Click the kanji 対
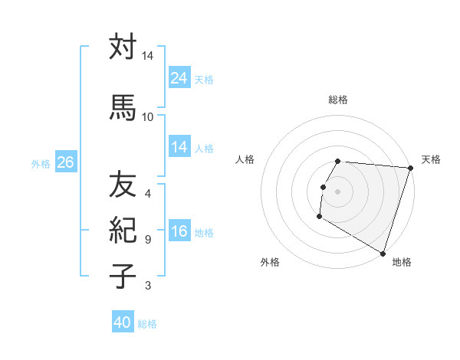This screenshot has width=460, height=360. click(123, 47)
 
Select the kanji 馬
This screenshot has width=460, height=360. click(123, 106)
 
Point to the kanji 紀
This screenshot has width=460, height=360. click(123, 230)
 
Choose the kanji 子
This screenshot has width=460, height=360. click(123, 275)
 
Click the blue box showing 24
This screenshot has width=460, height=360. click(179, 78)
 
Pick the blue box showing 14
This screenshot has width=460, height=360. click(179, 148)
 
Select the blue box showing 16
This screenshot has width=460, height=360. click(179, 232)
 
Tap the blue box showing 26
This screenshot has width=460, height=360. click(65, 162)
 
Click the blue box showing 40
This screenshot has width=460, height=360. click(123, 323)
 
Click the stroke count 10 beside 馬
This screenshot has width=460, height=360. click(148, 116)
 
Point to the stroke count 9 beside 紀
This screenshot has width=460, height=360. click(148, 239)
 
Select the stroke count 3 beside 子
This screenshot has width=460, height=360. click(148, 286)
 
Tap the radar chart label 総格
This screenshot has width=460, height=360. click(338, 100)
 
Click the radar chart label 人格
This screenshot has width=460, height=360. click(245, 159)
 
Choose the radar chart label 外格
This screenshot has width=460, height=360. click(270, 262)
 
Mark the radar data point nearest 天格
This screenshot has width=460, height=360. click(410, 169)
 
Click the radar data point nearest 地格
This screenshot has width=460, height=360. click(382, 253)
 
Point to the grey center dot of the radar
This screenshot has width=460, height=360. click(338, 191)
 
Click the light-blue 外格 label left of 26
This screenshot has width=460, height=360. click(41, 163)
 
